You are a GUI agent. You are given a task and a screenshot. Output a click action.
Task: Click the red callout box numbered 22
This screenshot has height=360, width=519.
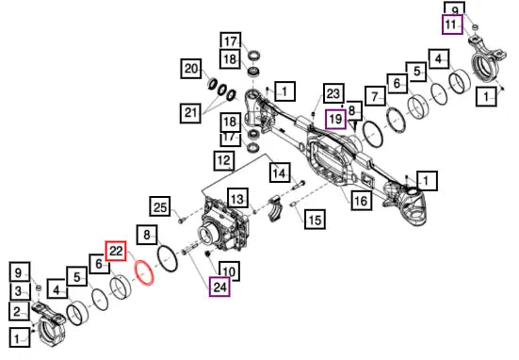[116, 251]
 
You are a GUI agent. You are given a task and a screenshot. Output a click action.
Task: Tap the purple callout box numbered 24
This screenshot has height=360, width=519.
[219, 286]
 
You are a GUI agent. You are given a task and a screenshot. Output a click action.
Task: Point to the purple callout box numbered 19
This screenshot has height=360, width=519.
[336, 119]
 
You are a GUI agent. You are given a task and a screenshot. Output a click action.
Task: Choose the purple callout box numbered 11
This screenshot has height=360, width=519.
[452, 25]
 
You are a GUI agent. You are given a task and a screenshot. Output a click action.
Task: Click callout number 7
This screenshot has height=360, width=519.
[375, 97]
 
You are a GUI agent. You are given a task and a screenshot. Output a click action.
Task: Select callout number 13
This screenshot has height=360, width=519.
[237, 199]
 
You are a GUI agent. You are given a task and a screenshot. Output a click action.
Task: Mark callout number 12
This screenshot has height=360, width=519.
[224, 160]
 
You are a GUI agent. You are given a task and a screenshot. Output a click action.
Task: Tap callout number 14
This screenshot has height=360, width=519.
[280, 172]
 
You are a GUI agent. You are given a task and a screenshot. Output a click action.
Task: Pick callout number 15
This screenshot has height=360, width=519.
[315, 220]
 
